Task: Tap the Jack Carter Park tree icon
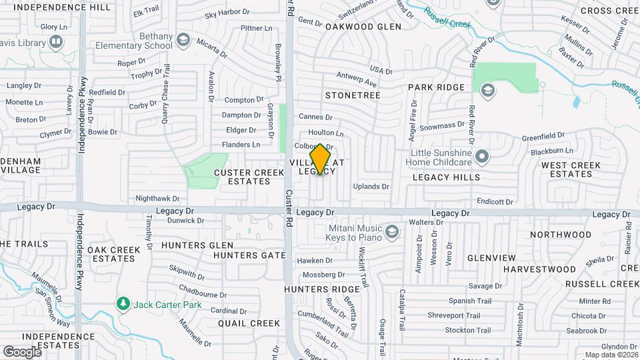[x=123, y=304]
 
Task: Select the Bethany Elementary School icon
[x=182, y=41]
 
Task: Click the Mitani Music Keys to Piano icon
[x=392, y=232]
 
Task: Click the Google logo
[x=22, y=351]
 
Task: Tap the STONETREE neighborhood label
[x=353, y=95]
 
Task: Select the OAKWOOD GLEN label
[x=363, y=27]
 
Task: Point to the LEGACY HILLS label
[x=446, y=177]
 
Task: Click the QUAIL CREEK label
[x=249, y=323]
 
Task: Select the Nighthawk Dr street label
[x=157, y=199]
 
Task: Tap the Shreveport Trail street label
[x=454, y=316]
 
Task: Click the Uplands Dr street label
[x=371, y=187]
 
